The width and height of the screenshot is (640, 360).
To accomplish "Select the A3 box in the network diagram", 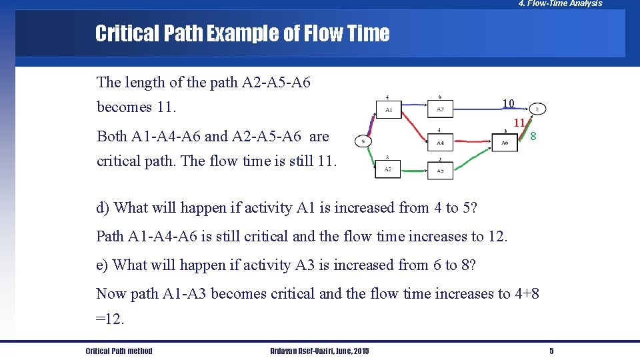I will tap(440, 109).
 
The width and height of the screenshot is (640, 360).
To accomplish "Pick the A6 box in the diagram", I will tap(505, 143).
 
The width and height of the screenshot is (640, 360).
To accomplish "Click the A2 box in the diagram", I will tap(389, 169).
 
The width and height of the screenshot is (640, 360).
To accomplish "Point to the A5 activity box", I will tap(440, 170).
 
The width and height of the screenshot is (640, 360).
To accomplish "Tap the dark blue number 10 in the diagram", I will tap(508, 103).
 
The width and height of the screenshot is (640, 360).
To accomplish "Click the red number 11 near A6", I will tap(519, 123).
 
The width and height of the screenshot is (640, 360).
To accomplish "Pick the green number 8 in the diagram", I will tap(533, 136).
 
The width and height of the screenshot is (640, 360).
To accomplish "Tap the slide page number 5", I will tap(551, 351).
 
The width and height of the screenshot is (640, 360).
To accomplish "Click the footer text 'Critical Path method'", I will tap(119, 351).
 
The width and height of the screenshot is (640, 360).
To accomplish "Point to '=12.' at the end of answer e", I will tap(110, 319).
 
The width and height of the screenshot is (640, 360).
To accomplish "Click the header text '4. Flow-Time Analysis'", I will tap(560, 4).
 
